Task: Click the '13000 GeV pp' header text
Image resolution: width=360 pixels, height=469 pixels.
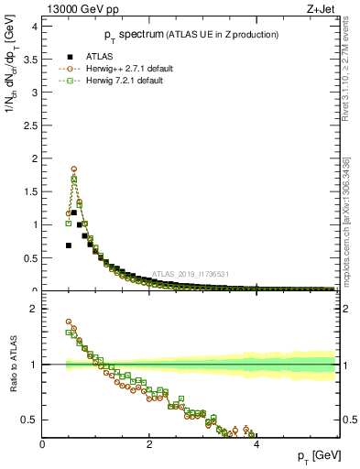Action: (81, 9)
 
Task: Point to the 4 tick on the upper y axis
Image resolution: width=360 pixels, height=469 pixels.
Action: (36, 27)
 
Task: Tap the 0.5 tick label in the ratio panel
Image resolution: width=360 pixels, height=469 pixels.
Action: (29, 420)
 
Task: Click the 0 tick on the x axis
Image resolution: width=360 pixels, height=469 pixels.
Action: (42, 445)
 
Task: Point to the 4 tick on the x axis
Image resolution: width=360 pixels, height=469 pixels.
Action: (256, 445)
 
